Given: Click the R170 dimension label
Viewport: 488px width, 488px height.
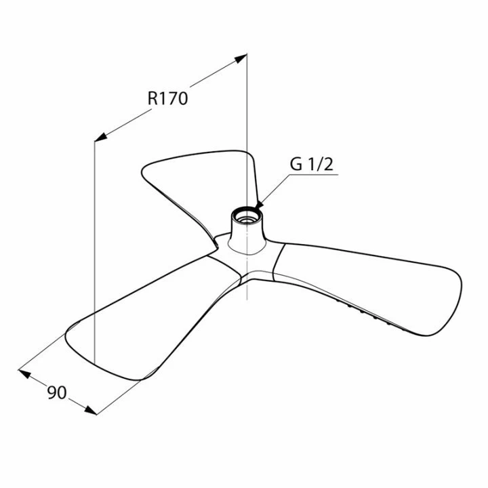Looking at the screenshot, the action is click(168, 99).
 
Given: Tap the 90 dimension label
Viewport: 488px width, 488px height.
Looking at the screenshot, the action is click(57, 392).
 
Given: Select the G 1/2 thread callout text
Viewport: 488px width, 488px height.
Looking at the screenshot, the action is click(312, 164).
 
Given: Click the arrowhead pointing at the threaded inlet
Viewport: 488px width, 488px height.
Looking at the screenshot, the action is click(259, 205).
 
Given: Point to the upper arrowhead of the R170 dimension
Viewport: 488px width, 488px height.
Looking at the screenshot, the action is click(241, 58).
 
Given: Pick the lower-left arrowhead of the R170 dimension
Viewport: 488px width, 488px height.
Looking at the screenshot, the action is click(101, 137).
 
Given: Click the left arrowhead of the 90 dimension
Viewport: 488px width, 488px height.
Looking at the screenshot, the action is click(24, 373).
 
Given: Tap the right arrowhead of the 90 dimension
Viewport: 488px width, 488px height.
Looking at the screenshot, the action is click(91, 410).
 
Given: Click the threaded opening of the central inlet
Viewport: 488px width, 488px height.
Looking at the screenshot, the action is click(247, 218).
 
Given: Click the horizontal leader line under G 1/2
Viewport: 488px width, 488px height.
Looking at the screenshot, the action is click(314, 175).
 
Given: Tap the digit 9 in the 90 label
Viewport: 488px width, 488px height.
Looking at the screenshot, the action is click(52, 392).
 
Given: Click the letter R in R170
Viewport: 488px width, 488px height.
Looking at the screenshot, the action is click(152, 99).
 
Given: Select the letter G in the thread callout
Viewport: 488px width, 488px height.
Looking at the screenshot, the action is click(296, 164).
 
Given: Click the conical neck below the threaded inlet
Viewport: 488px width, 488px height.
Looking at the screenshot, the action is click(247, 238).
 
